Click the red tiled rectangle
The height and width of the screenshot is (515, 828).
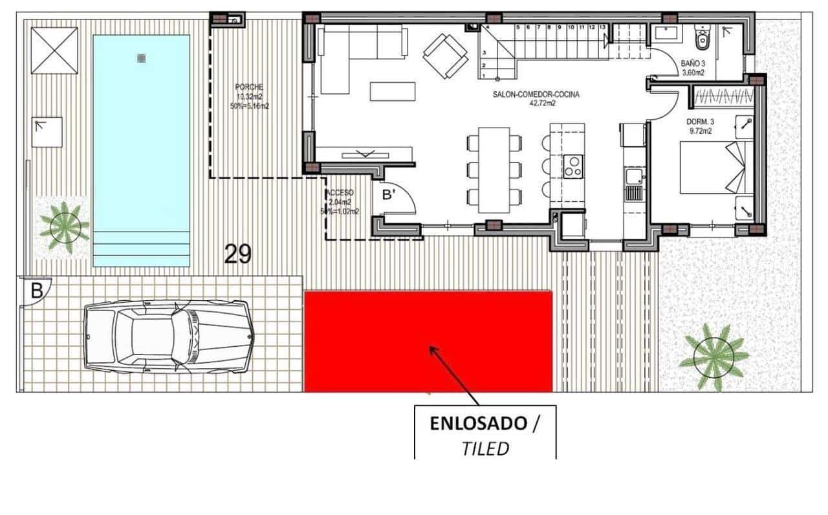428,341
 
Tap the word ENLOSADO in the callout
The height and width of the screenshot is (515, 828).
478,424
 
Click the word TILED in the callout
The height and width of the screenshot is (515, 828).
485,448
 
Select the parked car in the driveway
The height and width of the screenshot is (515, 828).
169,335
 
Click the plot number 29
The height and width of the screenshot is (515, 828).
237,254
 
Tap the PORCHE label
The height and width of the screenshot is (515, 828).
249,87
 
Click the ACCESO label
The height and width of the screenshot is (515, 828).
340,193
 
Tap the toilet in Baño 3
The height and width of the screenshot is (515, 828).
701,39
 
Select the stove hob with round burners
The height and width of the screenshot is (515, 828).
572,166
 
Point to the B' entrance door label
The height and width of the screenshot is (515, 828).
389,195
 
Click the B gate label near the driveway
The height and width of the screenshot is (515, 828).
37,290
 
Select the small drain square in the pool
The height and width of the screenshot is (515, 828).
141,58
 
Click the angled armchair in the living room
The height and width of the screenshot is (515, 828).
446,54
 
